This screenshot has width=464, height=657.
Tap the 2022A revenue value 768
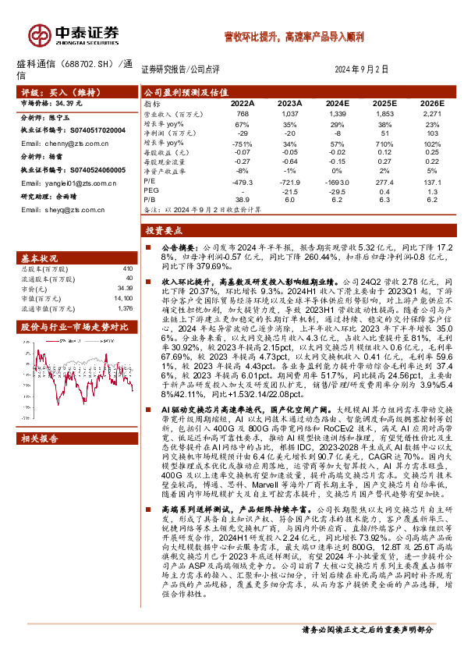coord(242,113)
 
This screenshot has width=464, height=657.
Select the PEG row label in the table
coord(151,190)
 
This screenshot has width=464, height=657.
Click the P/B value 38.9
coord(242,200)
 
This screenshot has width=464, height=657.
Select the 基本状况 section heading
coord(38,258)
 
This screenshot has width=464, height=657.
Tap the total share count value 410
coord(128,269)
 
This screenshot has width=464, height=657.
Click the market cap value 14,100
coord(124,297)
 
